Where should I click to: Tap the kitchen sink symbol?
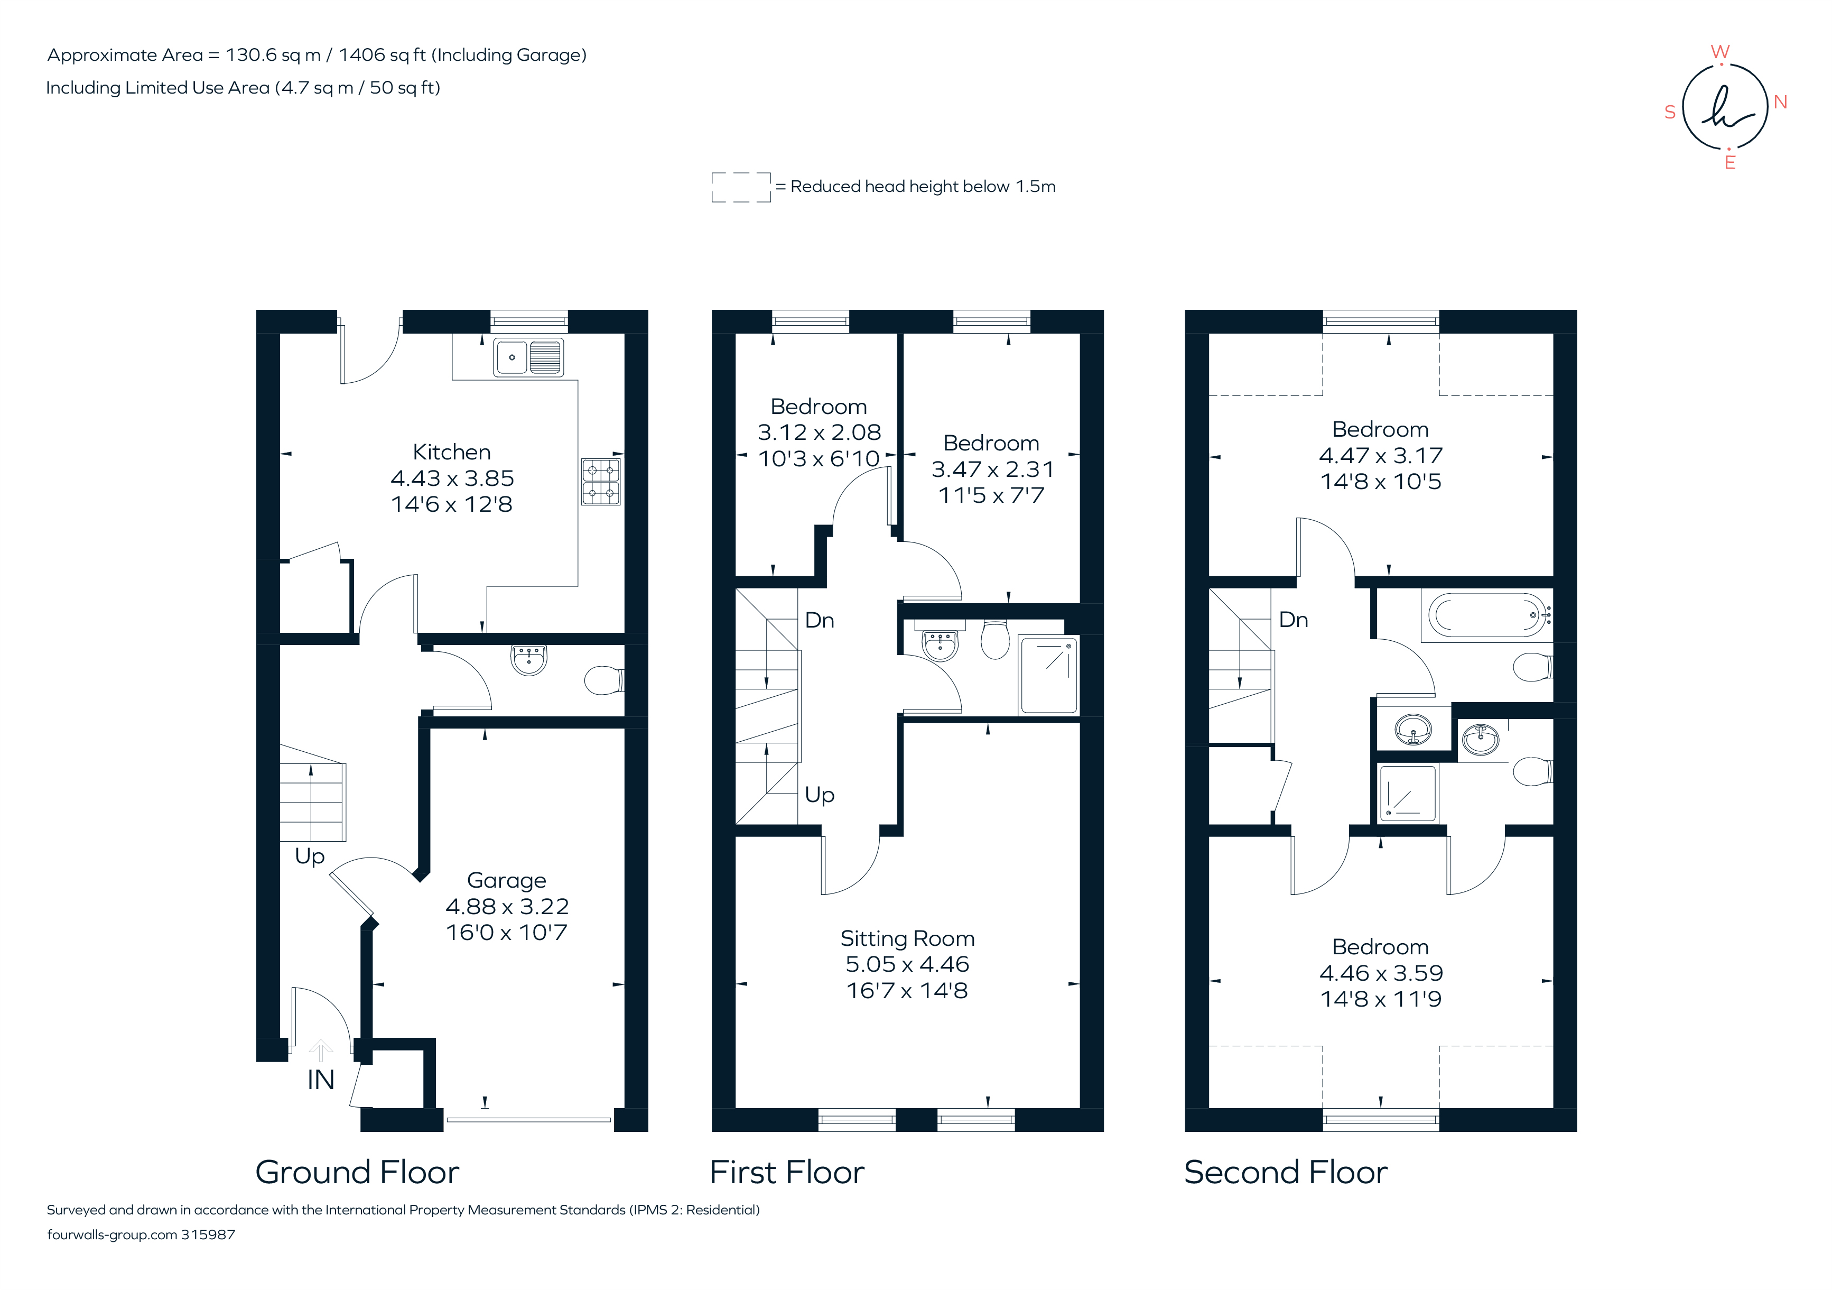[x=528, y=357]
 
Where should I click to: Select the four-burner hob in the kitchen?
[x=600, y=481]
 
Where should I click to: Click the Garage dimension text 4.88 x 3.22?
[x=507, y=906]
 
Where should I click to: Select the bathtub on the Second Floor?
[x=1486, y=615]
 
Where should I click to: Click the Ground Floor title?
[x=357, y=1172]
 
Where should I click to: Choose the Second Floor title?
[x=1286, y=1172]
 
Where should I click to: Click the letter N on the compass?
[x=1780, y=102]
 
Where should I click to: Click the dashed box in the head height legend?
[x=740, y=187]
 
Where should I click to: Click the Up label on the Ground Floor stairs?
[x=310, y=856]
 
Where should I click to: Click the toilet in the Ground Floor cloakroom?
[x=603, y=680]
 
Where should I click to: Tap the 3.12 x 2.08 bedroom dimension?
[x=819, y=432]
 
